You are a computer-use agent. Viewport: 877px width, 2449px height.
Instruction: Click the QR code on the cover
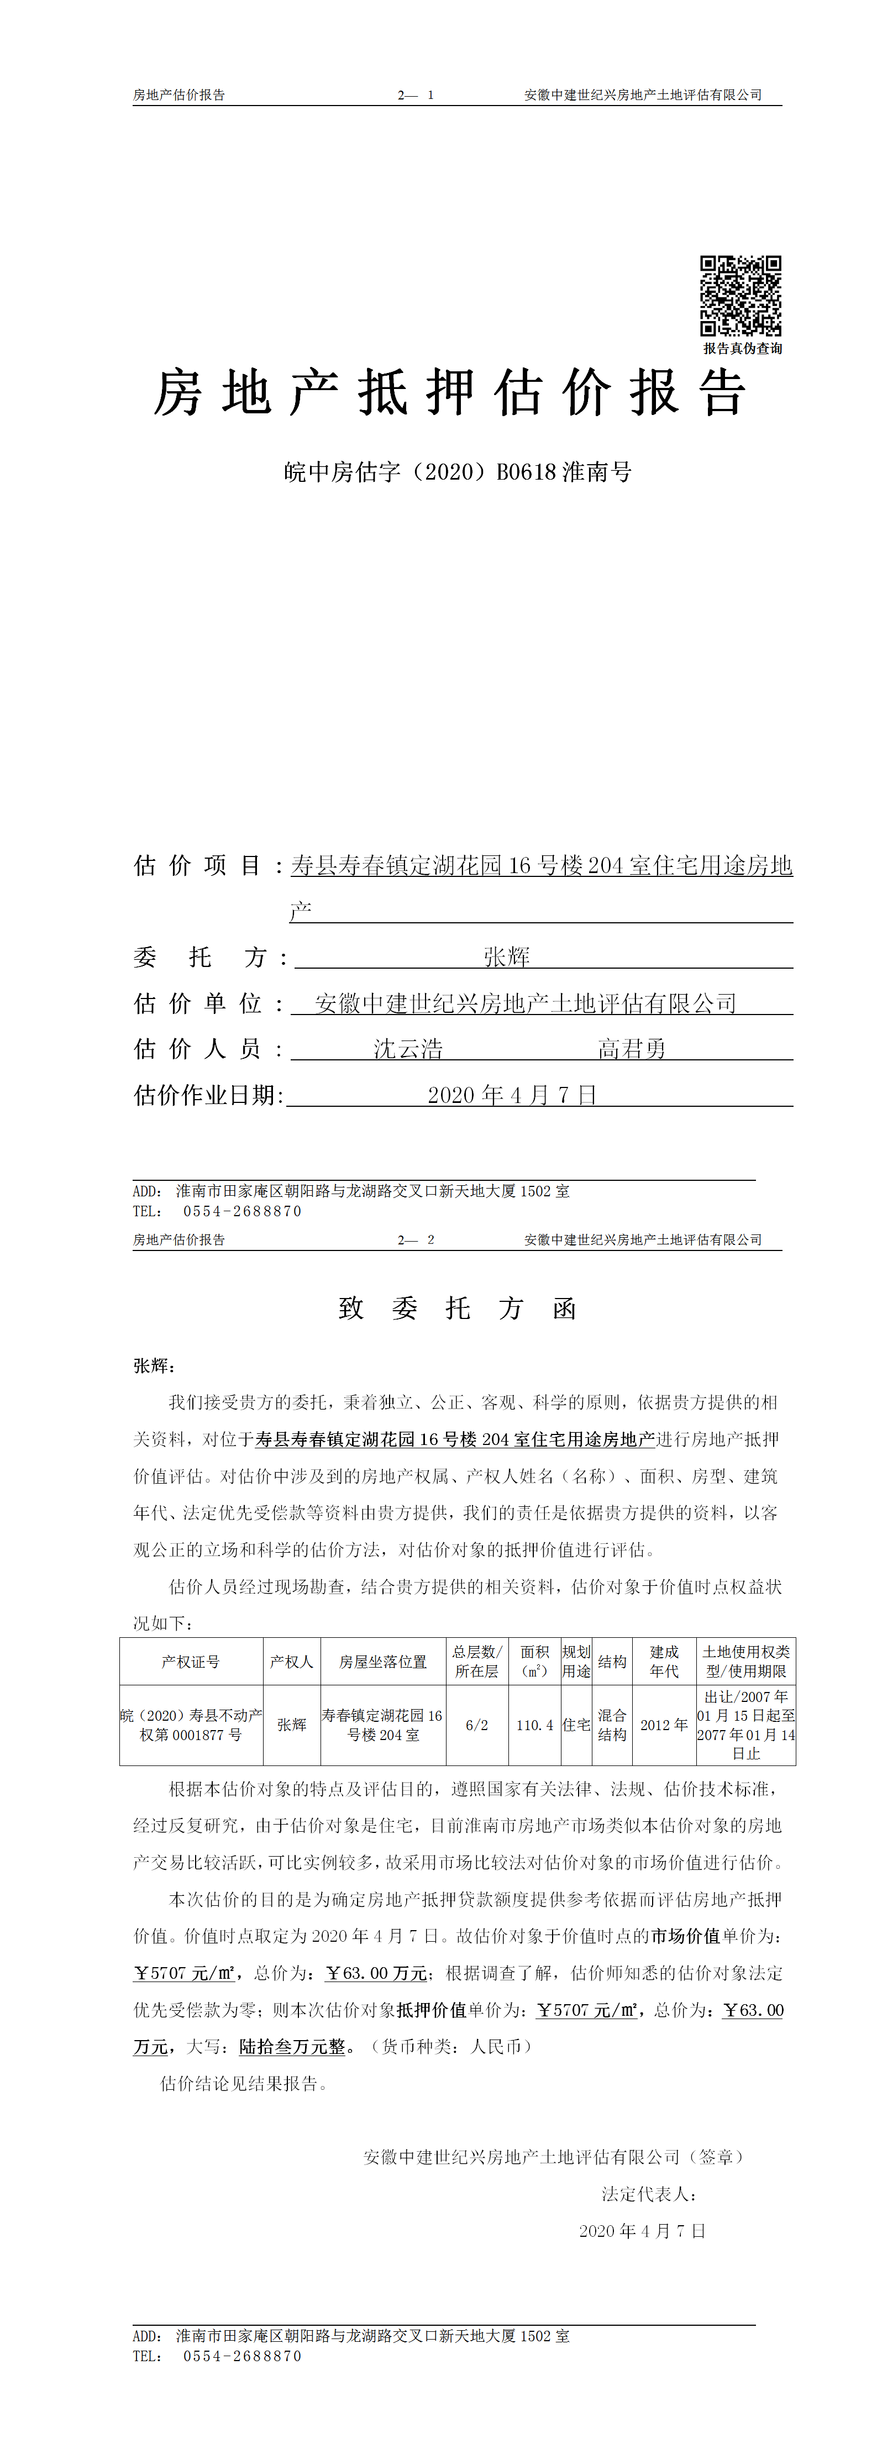[x=741, y=296]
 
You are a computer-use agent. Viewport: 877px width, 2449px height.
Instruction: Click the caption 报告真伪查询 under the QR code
[x=742, y=349]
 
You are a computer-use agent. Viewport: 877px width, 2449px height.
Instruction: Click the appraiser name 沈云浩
[x=408, y=1049]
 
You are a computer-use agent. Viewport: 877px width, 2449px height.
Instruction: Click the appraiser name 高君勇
[x=632, y=1049]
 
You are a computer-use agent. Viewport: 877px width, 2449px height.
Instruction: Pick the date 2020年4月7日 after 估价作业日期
[x=512, y=1095]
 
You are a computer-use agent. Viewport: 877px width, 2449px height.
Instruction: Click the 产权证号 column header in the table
[x=190, y=1662]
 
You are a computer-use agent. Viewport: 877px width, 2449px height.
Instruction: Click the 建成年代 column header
[x=664, y=1662]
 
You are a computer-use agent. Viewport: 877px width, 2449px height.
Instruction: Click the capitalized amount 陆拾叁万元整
[x=292, y=2047]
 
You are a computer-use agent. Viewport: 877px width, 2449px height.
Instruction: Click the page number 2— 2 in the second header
[x=416, y=1240]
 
